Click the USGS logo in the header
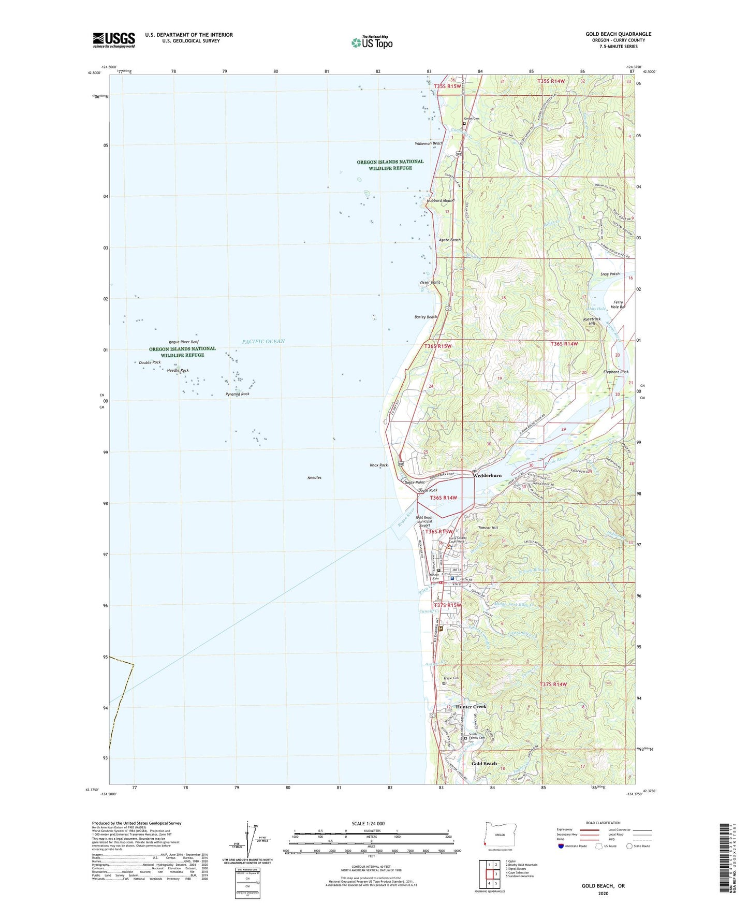(113, 40)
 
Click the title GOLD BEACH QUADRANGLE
(618, 34)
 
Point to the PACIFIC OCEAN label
(263, 341)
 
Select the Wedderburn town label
(487, 475)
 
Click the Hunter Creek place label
(471, 707)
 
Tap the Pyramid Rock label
(237, 394)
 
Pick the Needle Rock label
(178, 371)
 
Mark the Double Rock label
(150, 362)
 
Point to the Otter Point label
(430, 283)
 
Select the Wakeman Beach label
(429, 143)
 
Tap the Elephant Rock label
(615, 372)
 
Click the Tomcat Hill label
(488, 528)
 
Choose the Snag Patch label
(609, 274)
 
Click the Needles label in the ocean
(314, 477)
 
